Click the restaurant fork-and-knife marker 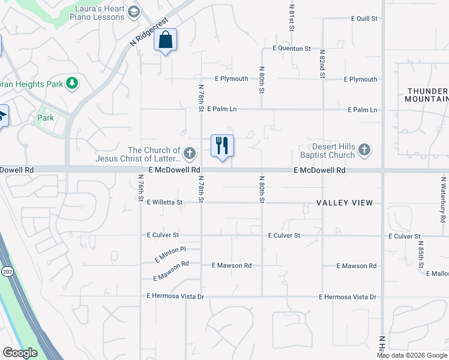click(222, 146)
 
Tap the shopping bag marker click(166, 40)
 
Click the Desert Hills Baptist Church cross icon click(364, 151)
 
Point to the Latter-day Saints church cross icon click(190, 154)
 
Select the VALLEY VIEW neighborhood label click(345, 203)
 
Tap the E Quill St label click(364, 19)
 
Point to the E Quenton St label click(292, 48)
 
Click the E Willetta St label click(164, 203)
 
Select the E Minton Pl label click(170, 253)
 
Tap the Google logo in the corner click(20, 353)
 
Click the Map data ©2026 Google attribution click(412, 355)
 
